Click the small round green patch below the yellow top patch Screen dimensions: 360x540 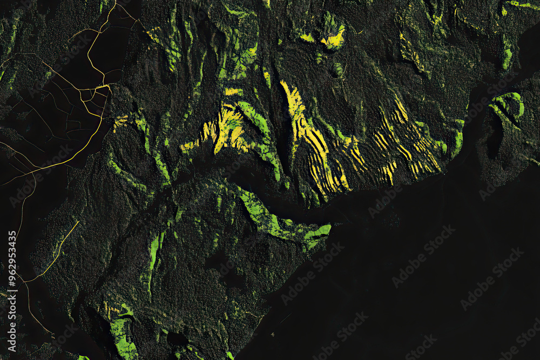pyautogui.click(x=338, y=69)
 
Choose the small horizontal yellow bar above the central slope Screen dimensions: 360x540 pyautogui.click(x=233, y=92)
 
